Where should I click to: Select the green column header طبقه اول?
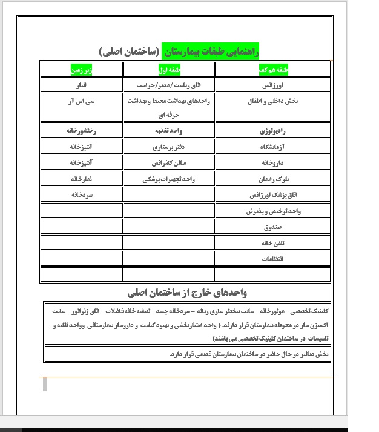point(168,68)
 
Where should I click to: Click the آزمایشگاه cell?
point(273,147)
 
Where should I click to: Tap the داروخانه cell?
point(272,163)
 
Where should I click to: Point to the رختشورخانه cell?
point(81,130)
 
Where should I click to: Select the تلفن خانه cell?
point(273,244)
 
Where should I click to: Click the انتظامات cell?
point(273,259)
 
